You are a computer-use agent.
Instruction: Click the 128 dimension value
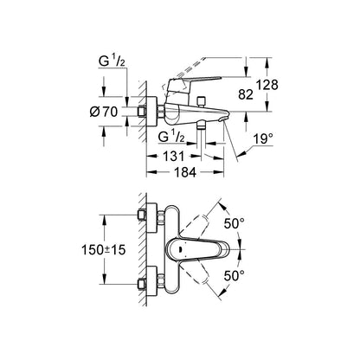267,85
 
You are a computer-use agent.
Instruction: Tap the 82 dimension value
246,94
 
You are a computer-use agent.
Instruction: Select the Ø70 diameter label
104,112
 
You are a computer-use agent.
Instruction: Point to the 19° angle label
263,139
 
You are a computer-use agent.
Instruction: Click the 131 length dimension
173,157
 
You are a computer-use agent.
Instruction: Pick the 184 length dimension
185,172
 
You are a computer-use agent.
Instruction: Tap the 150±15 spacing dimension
104,250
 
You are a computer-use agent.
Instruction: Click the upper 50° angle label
235,223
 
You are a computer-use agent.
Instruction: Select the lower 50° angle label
235,276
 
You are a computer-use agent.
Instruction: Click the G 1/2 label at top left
112,62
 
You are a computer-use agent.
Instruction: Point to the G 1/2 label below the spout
171,137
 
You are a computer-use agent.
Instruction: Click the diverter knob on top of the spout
201,101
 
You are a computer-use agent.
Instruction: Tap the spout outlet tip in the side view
224,119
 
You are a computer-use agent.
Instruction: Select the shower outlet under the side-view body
201,125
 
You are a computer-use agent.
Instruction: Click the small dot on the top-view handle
180,249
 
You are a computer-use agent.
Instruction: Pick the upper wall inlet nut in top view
142,215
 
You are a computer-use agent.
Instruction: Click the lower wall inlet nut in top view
142,284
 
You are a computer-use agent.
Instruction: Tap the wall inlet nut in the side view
142,112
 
